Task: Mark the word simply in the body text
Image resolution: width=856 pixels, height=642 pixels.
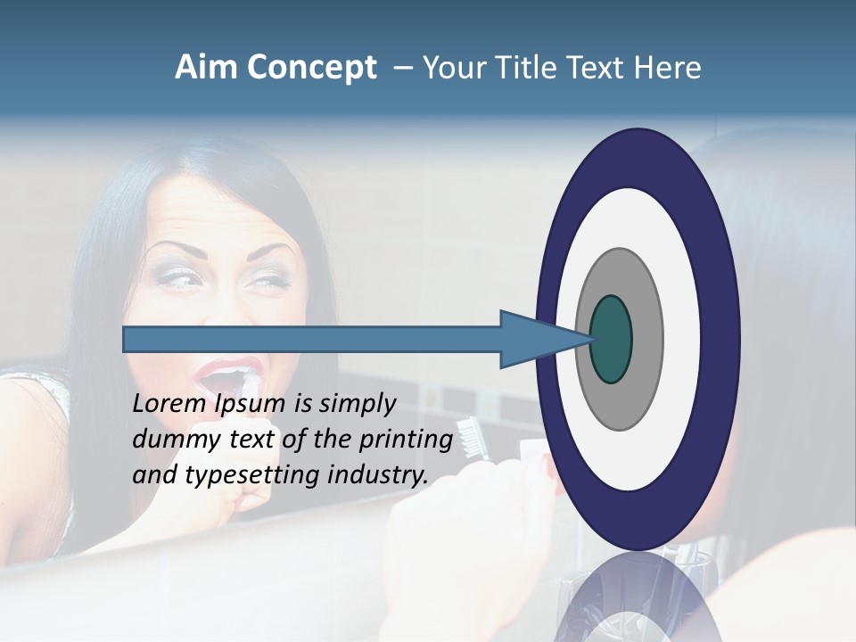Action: (x=357, y=405)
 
